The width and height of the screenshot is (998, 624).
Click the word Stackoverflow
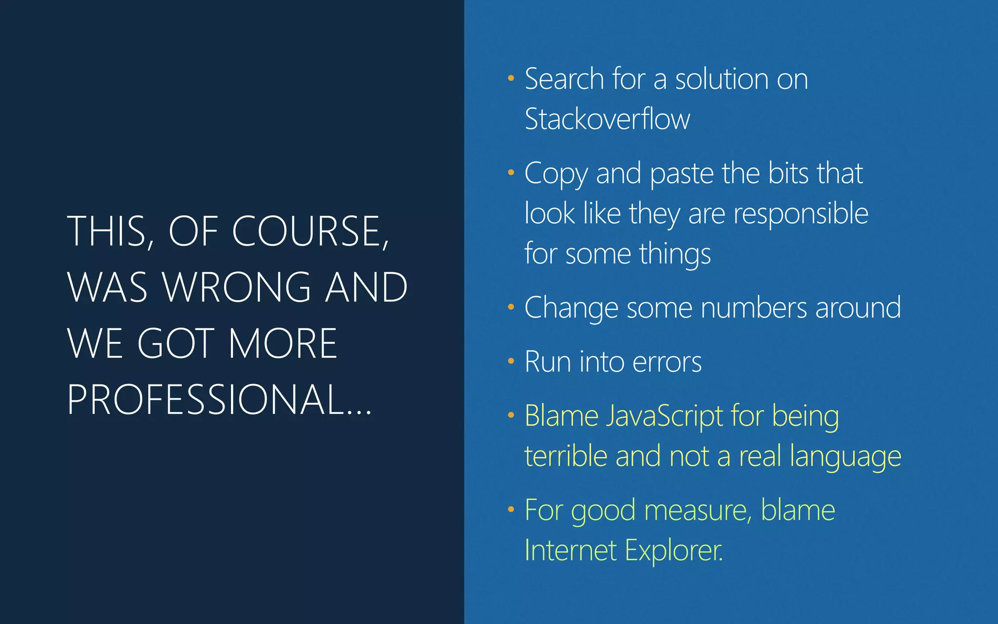(607, 119)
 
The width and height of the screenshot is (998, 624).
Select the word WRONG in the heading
(237, 288)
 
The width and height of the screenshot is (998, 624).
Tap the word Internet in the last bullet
(571, 551)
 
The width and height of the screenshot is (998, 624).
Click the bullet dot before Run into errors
(511, 361)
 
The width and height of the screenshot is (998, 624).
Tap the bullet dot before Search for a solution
(511, 78)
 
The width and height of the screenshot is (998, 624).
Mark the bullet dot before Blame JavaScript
(511, 415)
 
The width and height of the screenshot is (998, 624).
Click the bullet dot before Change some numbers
(511, 307)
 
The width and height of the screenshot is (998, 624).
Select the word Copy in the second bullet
(556, 175)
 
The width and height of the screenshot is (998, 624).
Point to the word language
(845, 457)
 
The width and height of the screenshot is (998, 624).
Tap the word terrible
(565, 457)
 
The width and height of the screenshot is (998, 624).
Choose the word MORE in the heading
(283, 344)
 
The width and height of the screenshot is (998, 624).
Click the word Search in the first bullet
(564, 79)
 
